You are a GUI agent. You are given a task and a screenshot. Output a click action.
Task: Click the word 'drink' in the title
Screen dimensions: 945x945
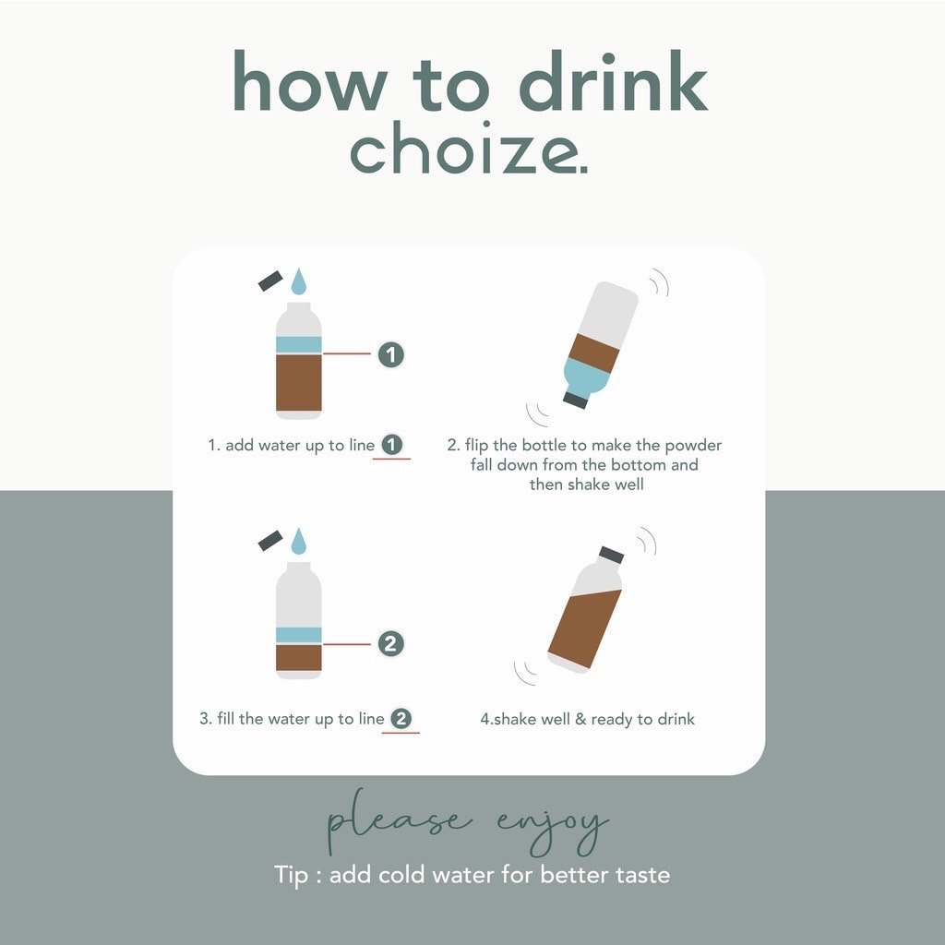[x=613, y=82]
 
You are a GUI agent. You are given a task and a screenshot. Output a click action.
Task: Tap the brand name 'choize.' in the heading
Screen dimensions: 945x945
[x=469, y=150]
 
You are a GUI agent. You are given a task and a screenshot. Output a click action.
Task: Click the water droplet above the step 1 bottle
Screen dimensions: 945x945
[x=299, y=281]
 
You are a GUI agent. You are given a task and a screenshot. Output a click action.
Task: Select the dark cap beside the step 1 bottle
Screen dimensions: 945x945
[x=270, y=281]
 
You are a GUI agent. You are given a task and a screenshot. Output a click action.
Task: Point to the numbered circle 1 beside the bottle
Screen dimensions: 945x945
[x=390, y=354]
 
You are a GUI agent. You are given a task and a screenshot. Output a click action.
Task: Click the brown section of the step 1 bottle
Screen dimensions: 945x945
[x=299, y=383]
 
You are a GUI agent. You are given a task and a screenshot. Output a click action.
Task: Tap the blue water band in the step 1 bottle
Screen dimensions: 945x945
[x=299, y=345]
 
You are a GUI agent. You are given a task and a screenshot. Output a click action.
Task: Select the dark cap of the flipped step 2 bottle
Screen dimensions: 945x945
[x=575, y=401]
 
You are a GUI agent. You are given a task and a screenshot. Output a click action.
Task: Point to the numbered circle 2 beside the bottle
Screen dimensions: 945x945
[x=390, y=643]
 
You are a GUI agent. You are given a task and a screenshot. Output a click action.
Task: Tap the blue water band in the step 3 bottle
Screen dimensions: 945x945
[x=299, y=635]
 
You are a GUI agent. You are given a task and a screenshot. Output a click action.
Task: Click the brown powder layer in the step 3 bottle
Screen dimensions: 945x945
[x=299, y=658]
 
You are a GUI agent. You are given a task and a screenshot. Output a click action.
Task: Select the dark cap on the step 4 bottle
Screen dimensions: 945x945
[x=611, y=555]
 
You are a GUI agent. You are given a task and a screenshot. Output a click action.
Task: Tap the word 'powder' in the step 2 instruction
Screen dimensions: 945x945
[x=693, y=446]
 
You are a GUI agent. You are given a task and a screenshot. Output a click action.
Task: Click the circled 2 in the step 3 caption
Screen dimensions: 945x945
[x=401, y=718]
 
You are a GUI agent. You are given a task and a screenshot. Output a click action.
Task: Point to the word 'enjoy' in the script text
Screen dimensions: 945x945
[x=554, y=826]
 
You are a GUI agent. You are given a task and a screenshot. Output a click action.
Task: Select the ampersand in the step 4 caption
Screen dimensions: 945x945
[x=580, y=719]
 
